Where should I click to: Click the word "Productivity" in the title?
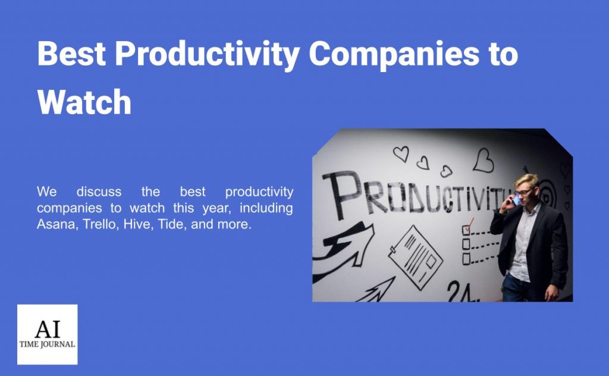tap(207, 54)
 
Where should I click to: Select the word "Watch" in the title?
tap(84, 102)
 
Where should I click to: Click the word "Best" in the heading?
tap(71, 54)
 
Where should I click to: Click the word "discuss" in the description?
tap(99, 192)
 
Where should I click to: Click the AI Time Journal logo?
tap(47, 334)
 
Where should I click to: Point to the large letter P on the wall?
tap(337, 193)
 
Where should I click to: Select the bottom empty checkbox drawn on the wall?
tap(467, 259)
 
